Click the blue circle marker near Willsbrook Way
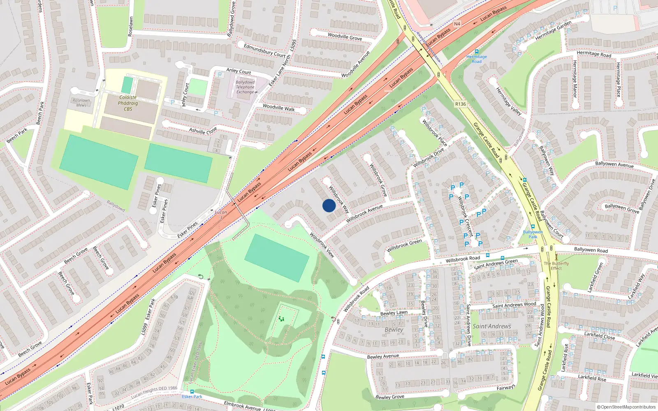(x=329, y=205)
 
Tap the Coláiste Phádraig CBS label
(x=128, y=103)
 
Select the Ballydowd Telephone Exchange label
(x=245, y=87)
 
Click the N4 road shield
(x=457, y=24)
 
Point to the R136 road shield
(x=461, y=104)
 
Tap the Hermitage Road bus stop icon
(x=477, y=52)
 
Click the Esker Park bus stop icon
(x=192, y=392)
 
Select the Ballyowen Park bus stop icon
(x=533, y=226)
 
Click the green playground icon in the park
(x=281, y=319)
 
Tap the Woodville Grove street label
(x=345, y=37)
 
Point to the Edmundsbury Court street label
(x=264, y=50)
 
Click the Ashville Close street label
(x=203, y=131)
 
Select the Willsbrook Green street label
(x=404, y=245)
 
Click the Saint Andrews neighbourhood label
(x=492, y=326)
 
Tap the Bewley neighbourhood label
(x=394, y=330)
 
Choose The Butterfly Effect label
(x=556, y=266)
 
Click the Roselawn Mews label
(x=81, y=103)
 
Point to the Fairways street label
(x=506, y=388)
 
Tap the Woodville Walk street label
(x=278, y=108)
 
